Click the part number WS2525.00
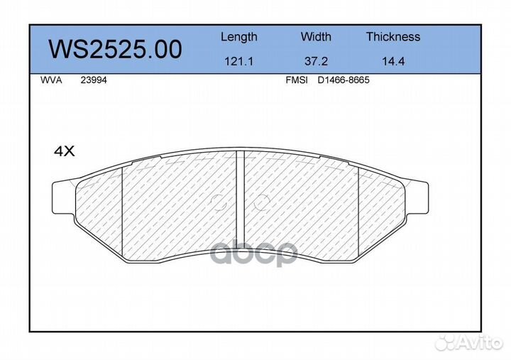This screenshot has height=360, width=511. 115,49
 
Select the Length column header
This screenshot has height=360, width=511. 239,37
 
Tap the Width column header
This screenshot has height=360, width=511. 316,36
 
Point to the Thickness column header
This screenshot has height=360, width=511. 393,36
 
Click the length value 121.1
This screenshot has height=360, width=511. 239,61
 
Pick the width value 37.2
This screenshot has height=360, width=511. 316,61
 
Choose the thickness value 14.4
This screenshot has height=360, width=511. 393,61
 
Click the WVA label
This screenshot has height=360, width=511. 51,80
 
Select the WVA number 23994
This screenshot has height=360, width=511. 94,80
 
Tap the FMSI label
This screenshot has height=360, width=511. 297,80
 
